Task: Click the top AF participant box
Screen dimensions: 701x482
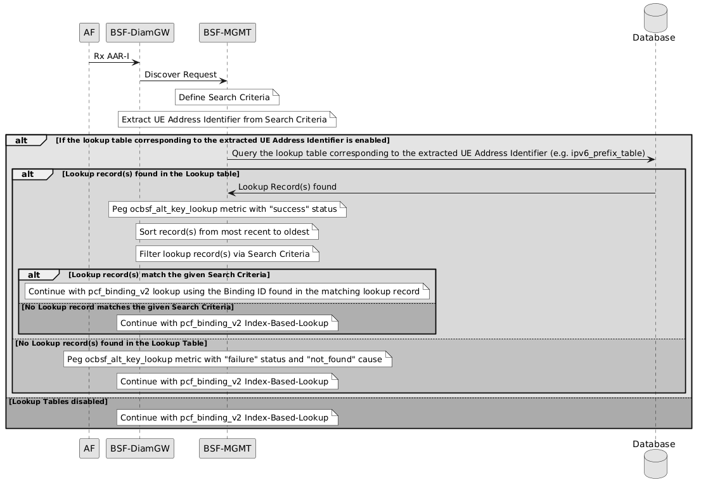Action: (x=89, y=33)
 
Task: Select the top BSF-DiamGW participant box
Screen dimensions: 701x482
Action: (x=140, y=33)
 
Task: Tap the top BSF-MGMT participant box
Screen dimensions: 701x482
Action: (x=227, y=33)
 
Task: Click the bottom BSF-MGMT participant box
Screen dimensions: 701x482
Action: (x=227, y=448)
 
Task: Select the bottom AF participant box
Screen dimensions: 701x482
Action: (x=89, y=448)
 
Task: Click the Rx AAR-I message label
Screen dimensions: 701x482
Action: (x=112, y=56)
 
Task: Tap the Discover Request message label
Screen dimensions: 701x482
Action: (x=180, y=75)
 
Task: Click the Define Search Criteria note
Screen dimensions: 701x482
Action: (x=227, y=97)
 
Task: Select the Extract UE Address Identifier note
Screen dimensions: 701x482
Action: (x=227, y=119)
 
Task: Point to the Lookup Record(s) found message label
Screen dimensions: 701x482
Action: (x=287, y=187)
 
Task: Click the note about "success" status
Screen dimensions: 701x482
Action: (x=227, y=209)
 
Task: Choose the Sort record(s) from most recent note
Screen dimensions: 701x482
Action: (x=227, y=232)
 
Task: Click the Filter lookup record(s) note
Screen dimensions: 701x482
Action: (x=227, y=254)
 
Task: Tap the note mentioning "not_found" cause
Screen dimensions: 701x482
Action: (x=228, y=360)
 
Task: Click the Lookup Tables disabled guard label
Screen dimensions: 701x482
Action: (x=58, y=401)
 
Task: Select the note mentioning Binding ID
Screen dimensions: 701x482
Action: (x=227, y=291)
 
